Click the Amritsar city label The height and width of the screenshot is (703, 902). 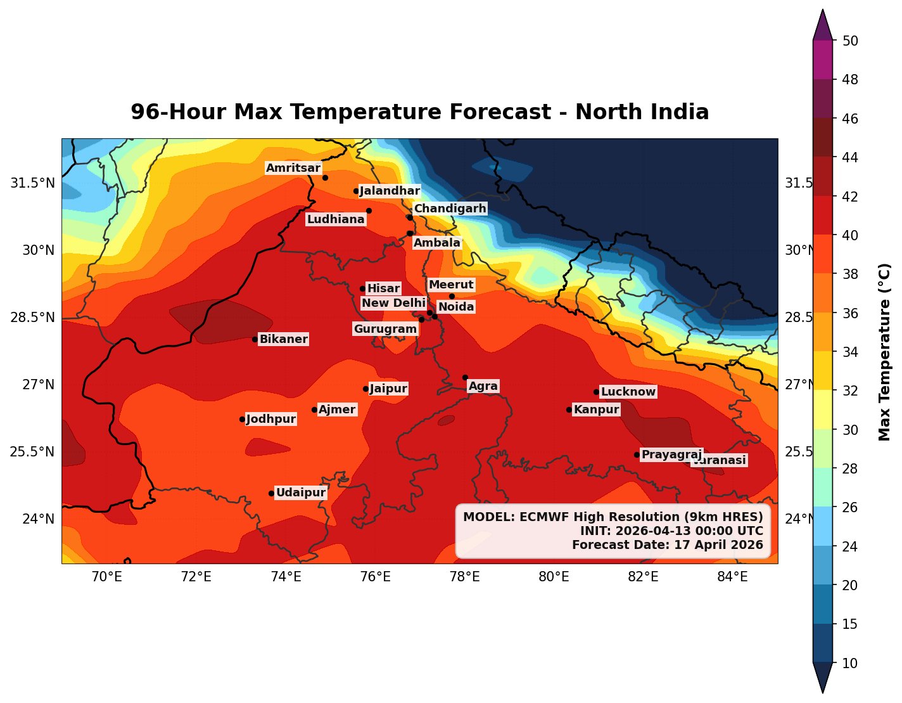pyautogui.click(x=293, y=168)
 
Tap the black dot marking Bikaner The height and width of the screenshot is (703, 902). pyautogui.click(x=255, y=339)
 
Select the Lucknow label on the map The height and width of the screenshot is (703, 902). pyautogui.click(x=628, y=392)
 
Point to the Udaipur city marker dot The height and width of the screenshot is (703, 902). pyautogui.click(x=271, y=493)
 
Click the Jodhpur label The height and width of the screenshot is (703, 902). pyautogui.click(x=270, y=419)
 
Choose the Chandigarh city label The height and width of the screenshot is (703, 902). pyautogui.click(x=450, y=209)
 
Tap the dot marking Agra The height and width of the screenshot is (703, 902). pyautogui.click(x=465, y=377)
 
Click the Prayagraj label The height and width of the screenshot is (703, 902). pyautogui.click(x=671, y=455)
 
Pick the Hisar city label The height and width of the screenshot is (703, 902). pyautogui.click(x=383, y=288)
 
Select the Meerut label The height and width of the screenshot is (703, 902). pyautogui.click(x=451, y=285)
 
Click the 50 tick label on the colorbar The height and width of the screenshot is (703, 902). pyautogui.click(x=851, y=41)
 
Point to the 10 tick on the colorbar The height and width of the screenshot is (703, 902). pyautogui.click(x=851, y=663)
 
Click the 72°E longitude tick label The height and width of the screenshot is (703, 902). pyautogui.click(x=196, y=576)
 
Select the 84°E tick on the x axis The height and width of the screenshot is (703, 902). pyautogui.click(x=733, y=576)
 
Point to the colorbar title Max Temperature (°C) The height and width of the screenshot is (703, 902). pyautogui.click(x=885, y=352)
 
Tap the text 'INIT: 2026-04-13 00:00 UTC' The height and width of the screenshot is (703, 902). pyautogui.click(x=671, y=531)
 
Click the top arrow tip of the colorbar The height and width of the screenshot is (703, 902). pyautogui.click(x=822, y=11)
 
